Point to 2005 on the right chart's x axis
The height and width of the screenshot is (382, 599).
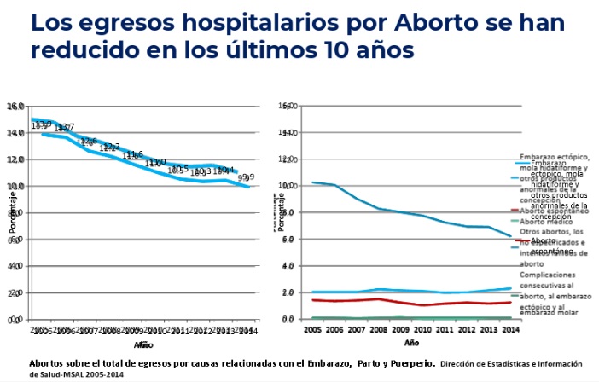coord(312,328)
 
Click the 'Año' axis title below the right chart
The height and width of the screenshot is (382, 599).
coord(411,342)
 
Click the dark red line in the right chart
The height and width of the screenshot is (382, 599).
coord(410,301)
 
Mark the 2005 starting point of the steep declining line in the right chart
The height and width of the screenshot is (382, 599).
coord(313,182)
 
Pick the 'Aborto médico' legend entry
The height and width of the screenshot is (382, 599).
coord(546,222)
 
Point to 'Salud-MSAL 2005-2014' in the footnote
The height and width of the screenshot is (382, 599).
coord(77,373)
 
